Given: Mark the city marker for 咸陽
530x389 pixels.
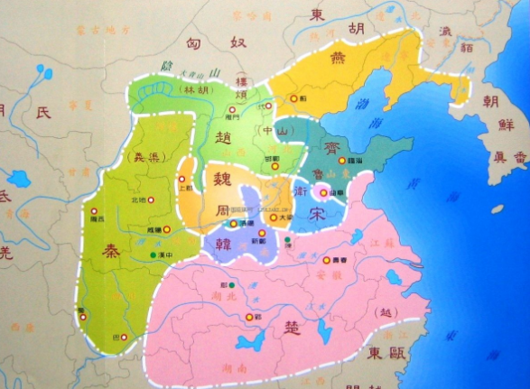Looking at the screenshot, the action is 166,229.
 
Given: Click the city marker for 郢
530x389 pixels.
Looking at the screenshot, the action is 248,316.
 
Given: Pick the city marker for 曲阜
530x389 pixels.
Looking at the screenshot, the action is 321,192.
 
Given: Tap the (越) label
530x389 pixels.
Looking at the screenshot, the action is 387,312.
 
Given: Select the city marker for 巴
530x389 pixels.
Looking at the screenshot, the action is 124,338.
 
